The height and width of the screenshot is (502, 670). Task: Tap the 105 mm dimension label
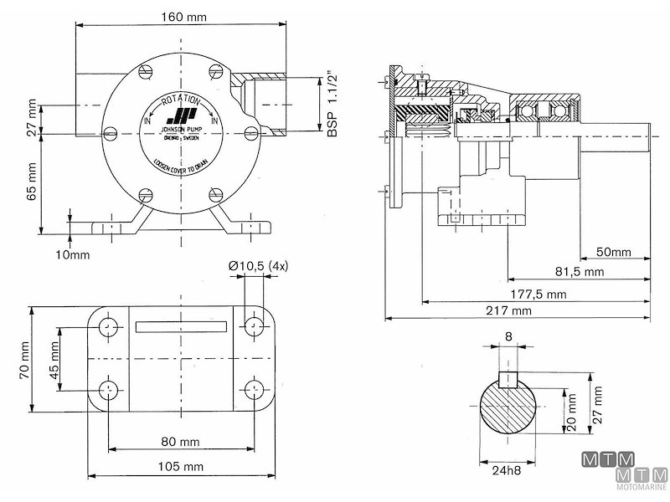pyautogui.click(x=181, y=465)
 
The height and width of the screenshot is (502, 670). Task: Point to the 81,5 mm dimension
pyautogui.click(x=579, y=273)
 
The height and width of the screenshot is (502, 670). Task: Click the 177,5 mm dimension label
pyautogui.click(x=539, y=294)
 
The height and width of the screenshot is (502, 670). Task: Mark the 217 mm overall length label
pyautogui.click(x=508, y=310)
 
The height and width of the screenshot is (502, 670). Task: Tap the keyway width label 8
pyautogui.click(x=509, y=338)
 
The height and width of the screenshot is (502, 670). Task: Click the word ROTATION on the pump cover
pyautogui.click(x=182, y=101)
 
